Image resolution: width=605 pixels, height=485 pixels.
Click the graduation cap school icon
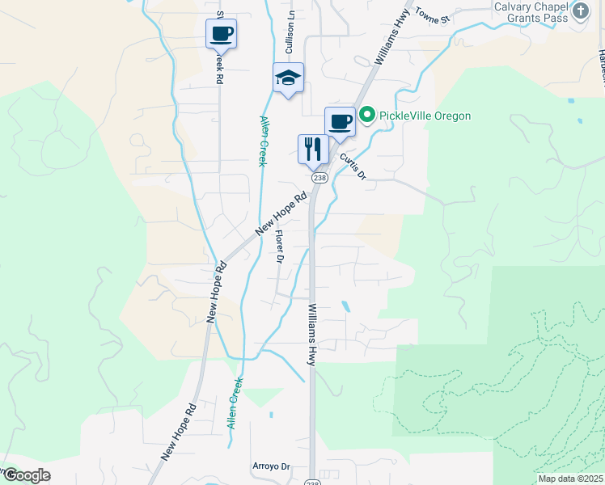(x=288, y=78)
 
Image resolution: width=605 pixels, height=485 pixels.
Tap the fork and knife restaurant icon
(x=313, y=150)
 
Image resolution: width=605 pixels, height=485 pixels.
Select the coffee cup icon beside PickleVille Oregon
(x=341, y=122)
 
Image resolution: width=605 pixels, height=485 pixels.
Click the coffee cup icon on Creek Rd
(x=221, y=35)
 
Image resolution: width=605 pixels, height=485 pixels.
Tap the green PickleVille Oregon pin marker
(x=366, y=116)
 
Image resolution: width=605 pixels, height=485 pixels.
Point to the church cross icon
(x=580, y=11)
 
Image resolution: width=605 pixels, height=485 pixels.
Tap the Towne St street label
(x=433, y=17)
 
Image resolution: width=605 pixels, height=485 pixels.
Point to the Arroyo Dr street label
(x=270, y=467)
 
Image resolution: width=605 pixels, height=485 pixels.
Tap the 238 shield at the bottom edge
(x=312, y=482)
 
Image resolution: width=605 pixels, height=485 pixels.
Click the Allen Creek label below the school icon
(x=262, y=141)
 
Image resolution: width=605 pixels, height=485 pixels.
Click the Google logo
(x=27, y=475)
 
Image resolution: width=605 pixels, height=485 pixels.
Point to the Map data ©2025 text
(x=570, y=479)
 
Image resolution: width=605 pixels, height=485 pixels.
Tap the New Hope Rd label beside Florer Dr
(x=282, y=213)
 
